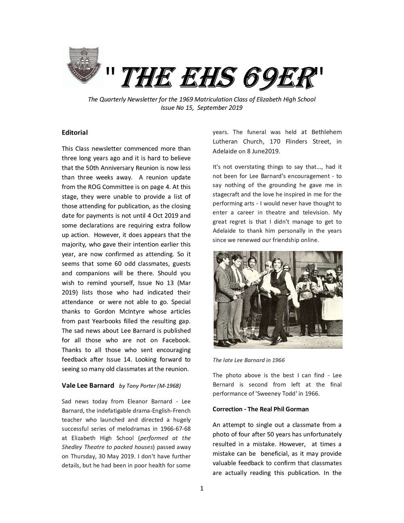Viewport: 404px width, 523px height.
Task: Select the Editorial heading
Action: (74, 132)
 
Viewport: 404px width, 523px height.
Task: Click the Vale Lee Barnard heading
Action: (88, 385)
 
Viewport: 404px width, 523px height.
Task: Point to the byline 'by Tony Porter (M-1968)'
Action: (150, 386)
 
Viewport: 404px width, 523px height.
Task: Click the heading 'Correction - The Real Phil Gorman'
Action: (261, 409)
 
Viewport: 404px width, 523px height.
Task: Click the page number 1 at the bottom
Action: (202, 489)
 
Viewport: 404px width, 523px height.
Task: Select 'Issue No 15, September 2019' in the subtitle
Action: (202, 108)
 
